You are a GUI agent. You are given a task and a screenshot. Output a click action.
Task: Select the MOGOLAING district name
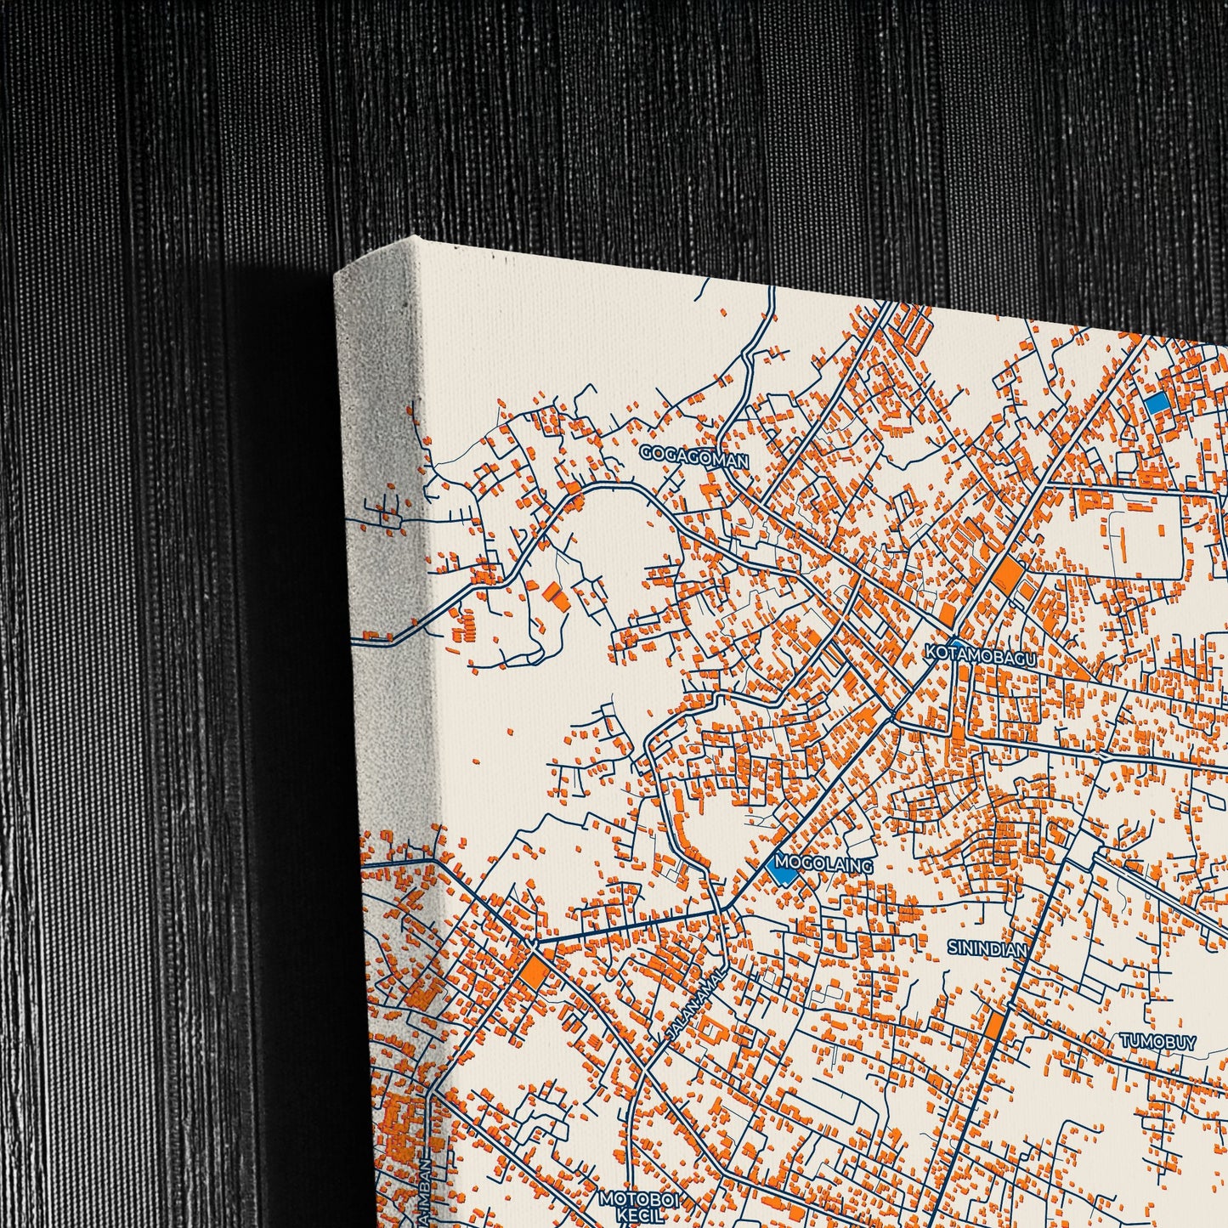click(x=823, y=865)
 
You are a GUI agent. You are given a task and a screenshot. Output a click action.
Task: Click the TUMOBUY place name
click(x=1157, y=1041)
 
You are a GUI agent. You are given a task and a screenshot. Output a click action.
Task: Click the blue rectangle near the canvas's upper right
click(x=1156, y=403)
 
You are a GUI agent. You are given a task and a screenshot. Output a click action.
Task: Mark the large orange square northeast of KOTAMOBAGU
click(x=1007, y=574)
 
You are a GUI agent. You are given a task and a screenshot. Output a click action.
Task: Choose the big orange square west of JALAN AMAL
click(x=534, y=972)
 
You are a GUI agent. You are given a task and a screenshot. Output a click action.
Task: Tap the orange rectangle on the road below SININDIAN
click(x=995, y=1026)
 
